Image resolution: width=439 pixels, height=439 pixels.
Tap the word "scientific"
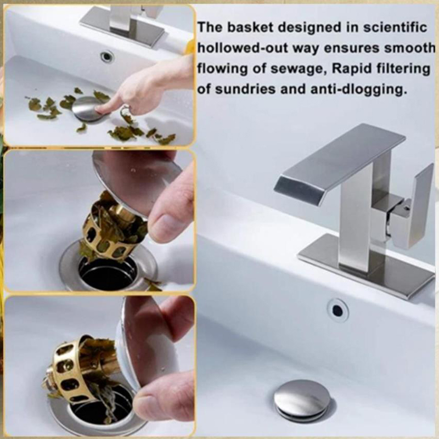(x=395, y=27)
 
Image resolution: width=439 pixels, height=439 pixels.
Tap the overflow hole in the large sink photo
(x=337, y=310)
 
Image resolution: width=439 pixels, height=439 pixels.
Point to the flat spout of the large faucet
(x=339, y=162)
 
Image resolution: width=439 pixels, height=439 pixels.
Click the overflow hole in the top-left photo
(x=107, y=57)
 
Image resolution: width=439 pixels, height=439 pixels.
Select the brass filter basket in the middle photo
(x=111, y=228)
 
